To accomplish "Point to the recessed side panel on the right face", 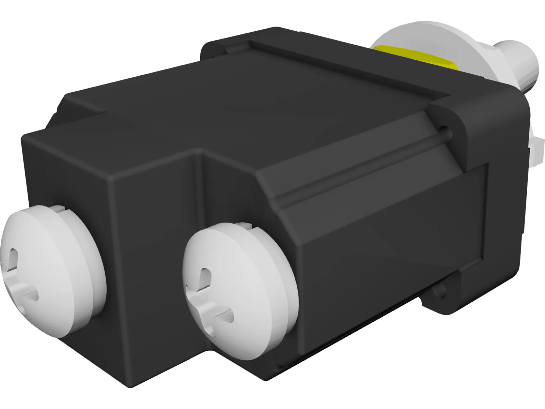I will click(x=399, y=239).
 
